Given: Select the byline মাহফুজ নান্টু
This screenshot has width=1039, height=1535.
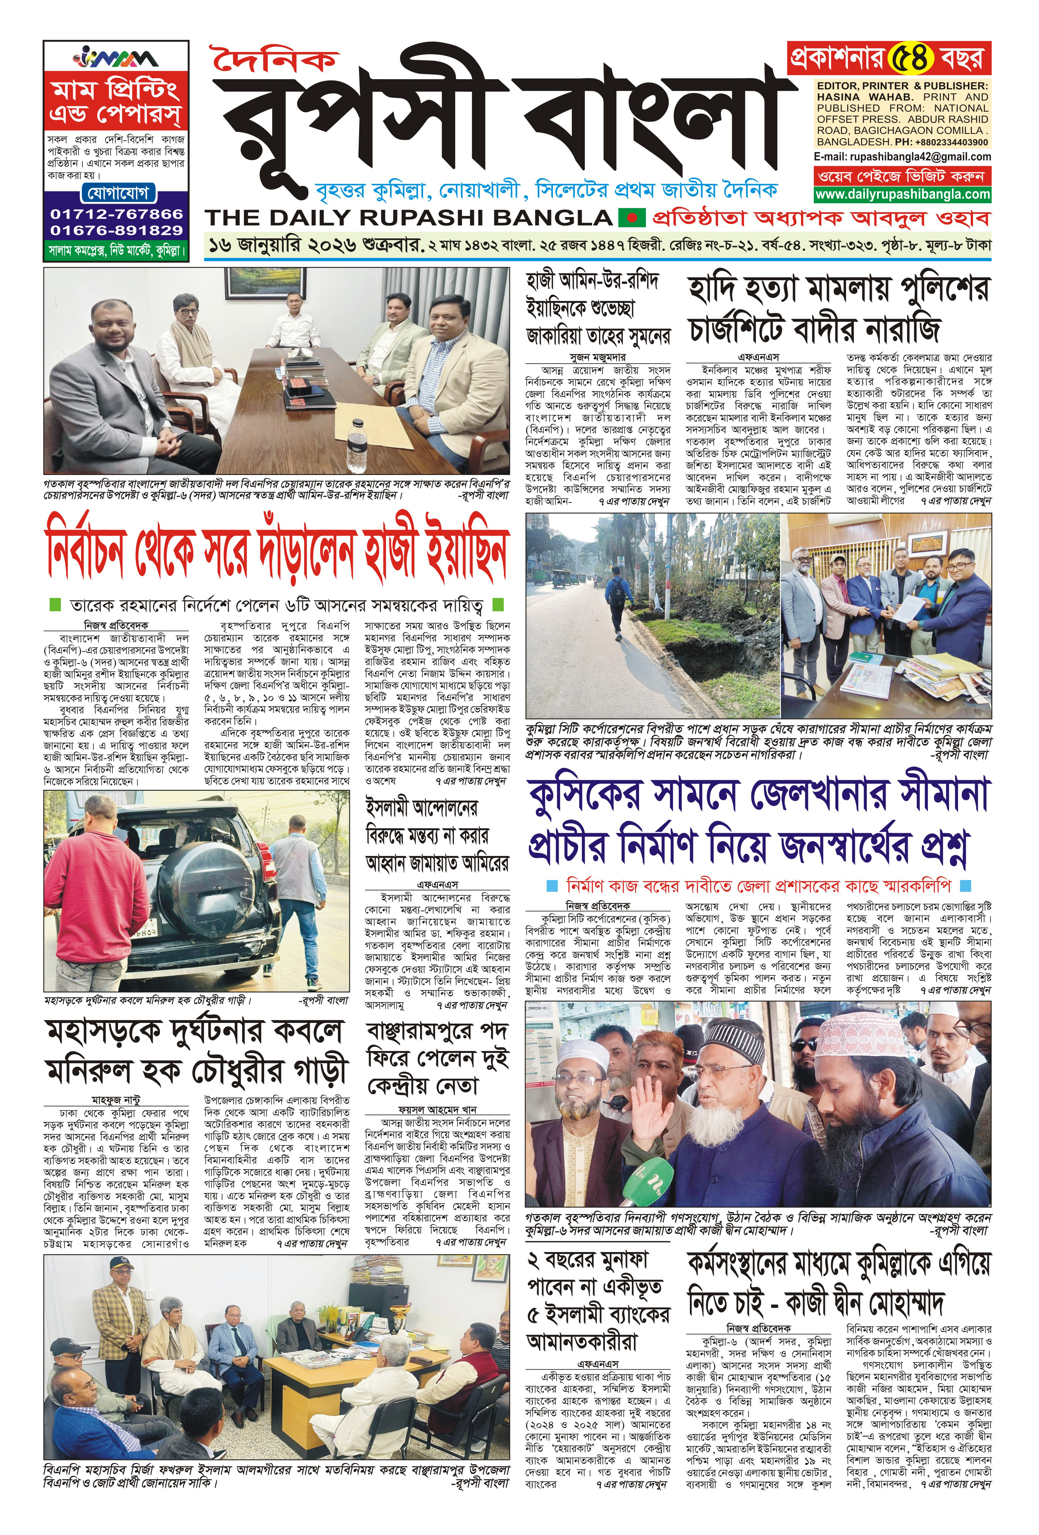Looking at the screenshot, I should (116, 1100).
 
